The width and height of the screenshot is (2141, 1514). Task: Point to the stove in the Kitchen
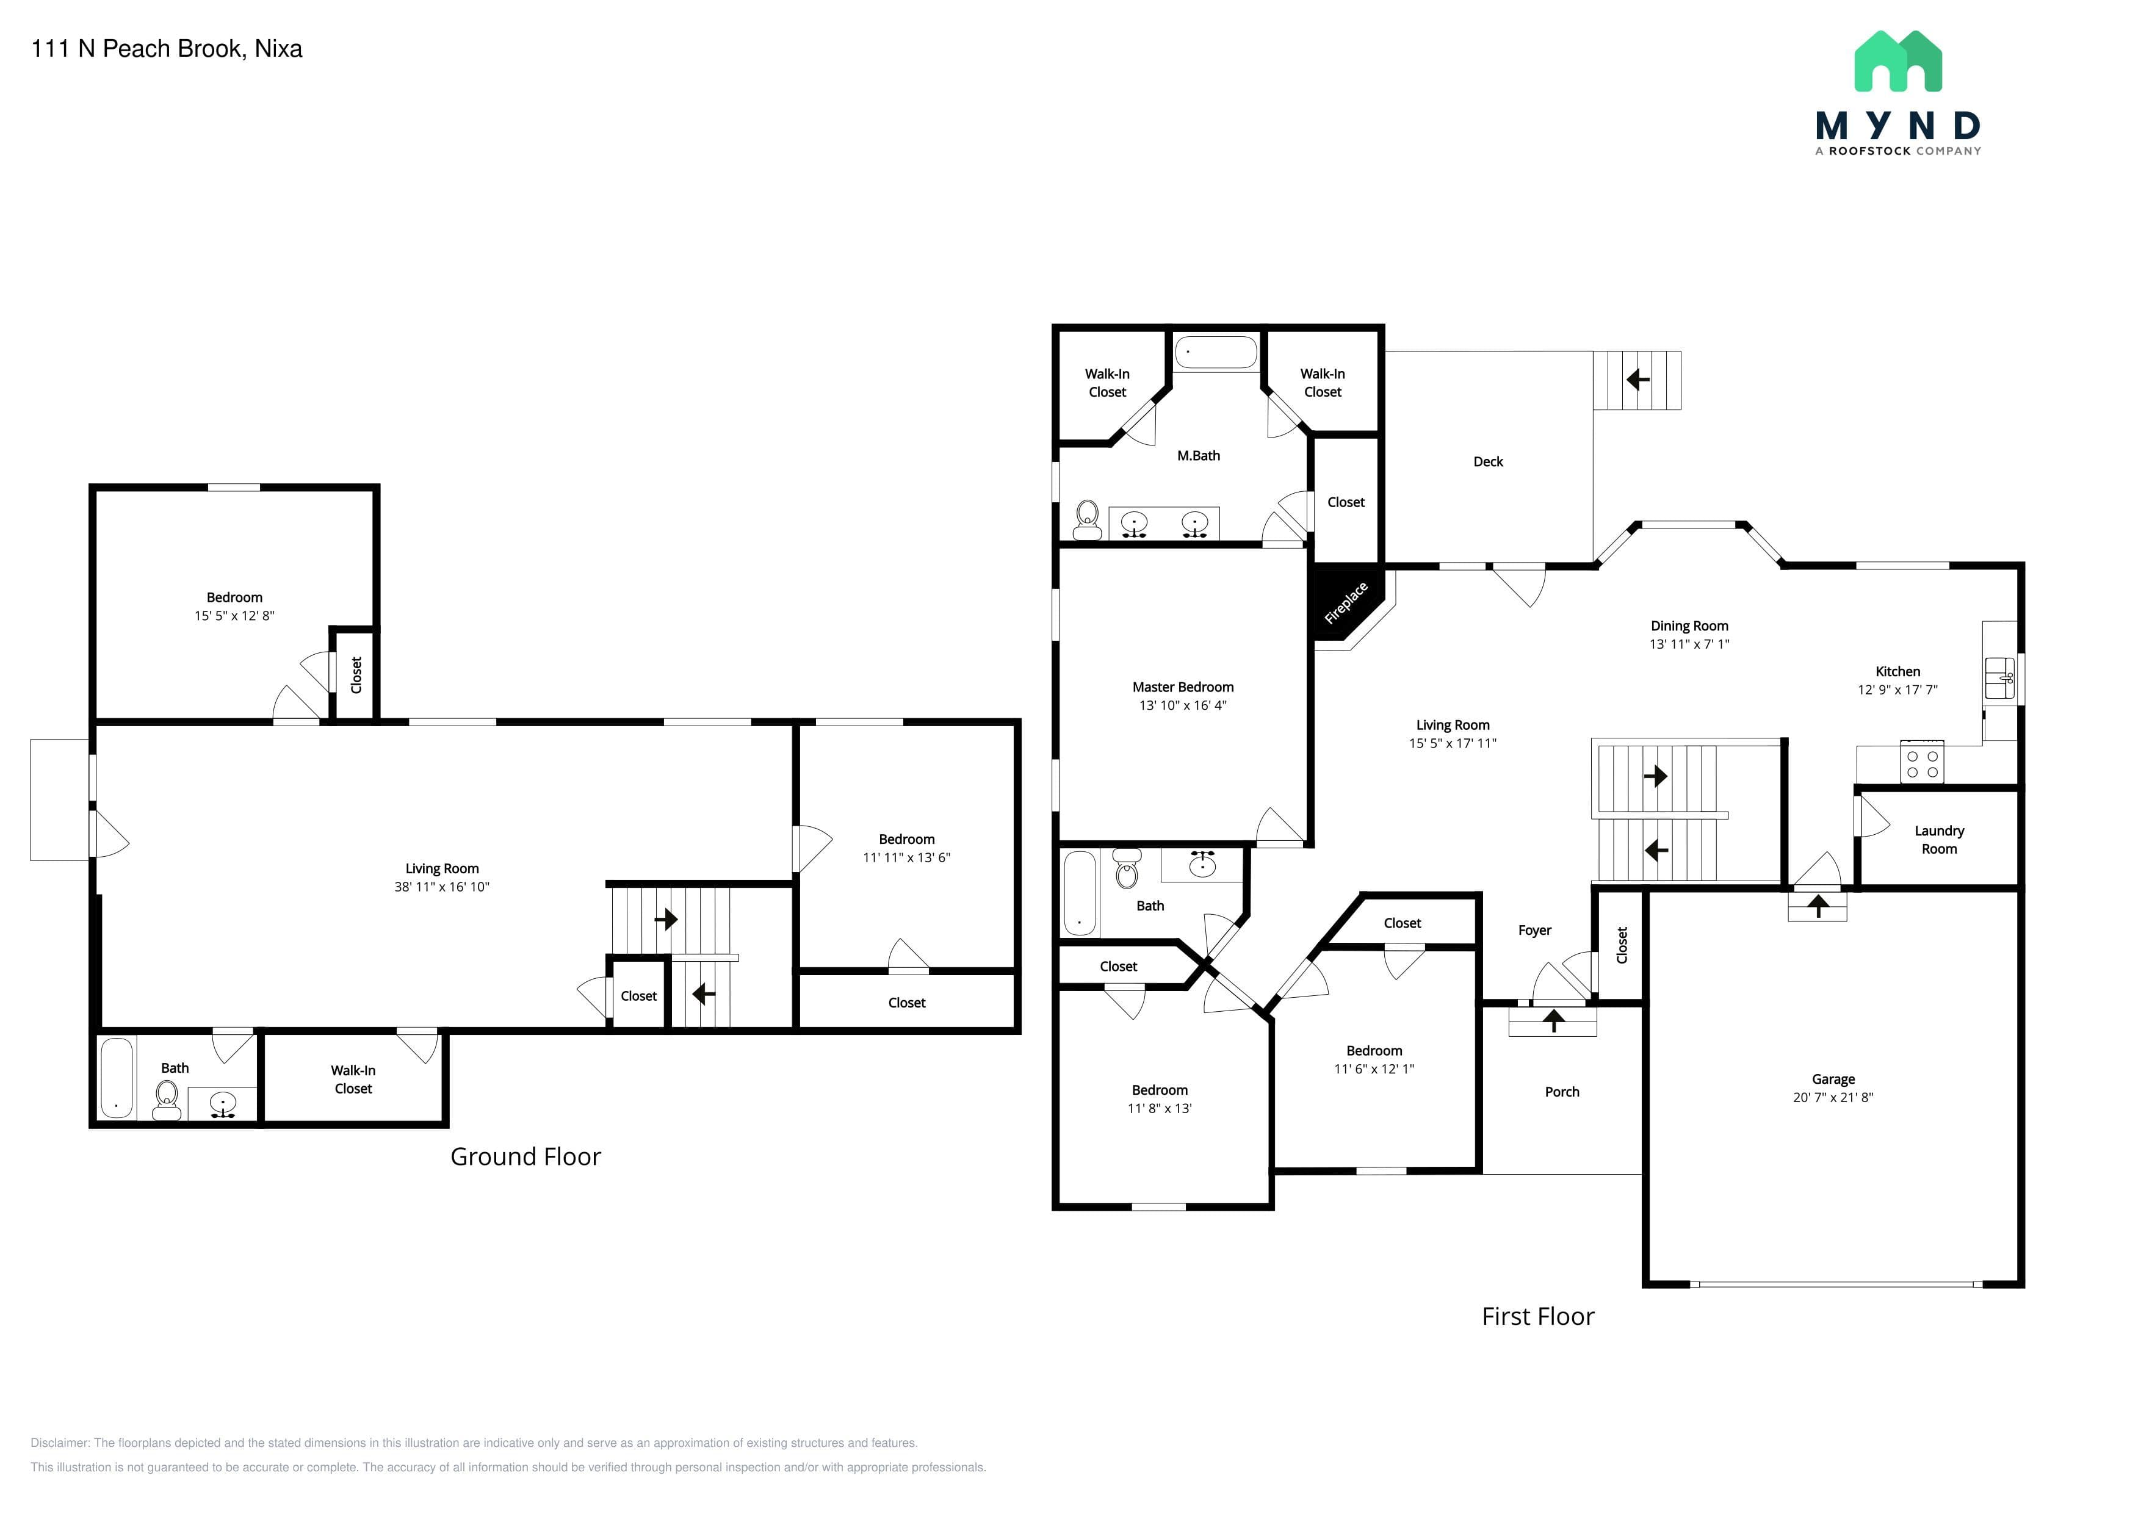coord(1922,763)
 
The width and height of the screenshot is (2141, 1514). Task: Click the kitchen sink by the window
coord(1999,678)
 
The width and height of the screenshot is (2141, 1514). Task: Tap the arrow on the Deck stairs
coord(1637,380)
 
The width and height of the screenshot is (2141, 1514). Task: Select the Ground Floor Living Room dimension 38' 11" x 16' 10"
coord(441,887)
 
